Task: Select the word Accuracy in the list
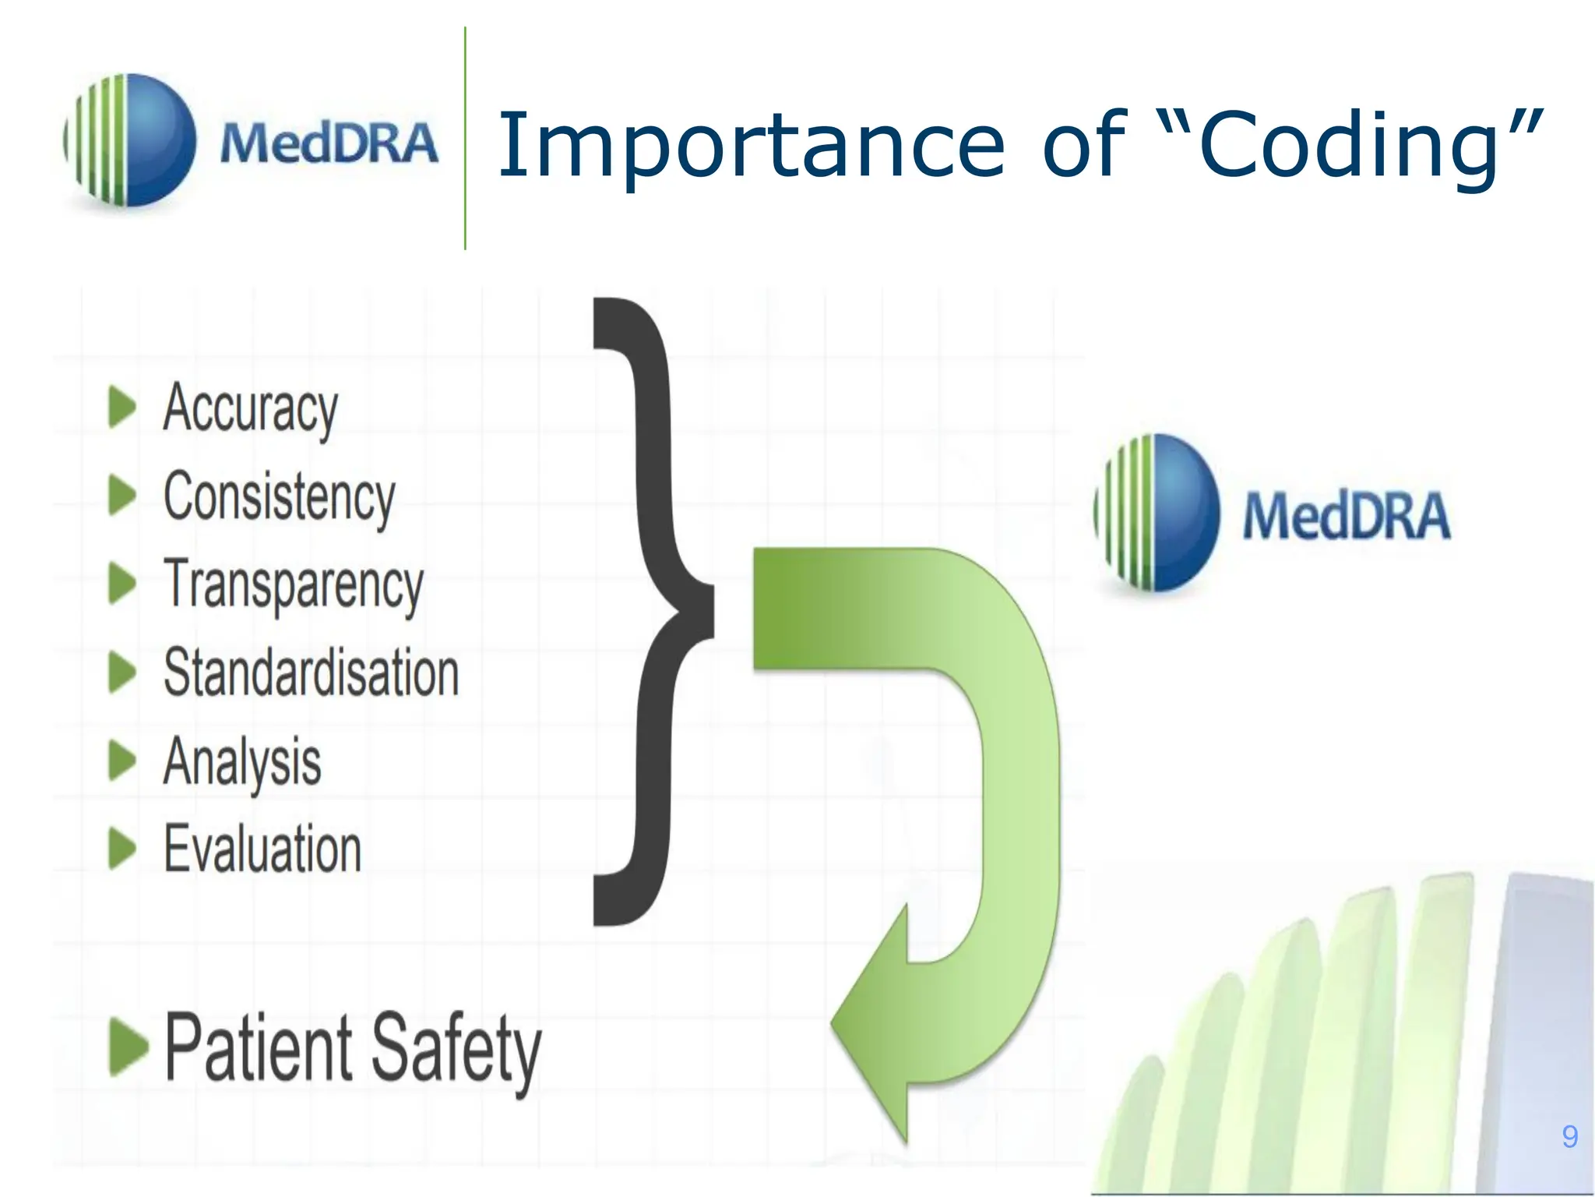(x=251, y=408)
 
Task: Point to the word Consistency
(x=279, y=496)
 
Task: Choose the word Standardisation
(x=311, y=673)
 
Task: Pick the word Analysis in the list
(x=242, y=761)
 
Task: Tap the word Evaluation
(x=262, y=849)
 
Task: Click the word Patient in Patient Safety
(x=258, y=1048)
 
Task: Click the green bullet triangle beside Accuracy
(x=121, y=407)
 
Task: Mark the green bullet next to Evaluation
(x=121, y=848)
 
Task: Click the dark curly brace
(x=654, y=612)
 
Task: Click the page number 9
(x=1569, y=1137)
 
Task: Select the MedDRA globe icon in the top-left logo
(x=129, y=140)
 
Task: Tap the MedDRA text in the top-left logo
(x=329, y=144)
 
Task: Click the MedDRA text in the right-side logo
(x=1346, y=516)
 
